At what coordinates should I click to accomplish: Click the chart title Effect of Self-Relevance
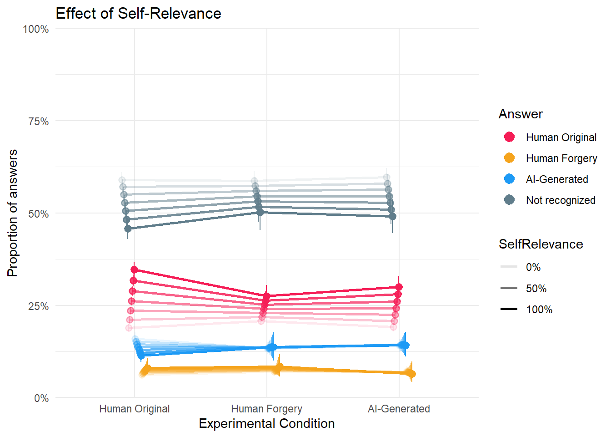point(138,14)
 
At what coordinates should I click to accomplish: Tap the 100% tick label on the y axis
point(35,29)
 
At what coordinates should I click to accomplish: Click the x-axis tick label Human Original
point(134,409)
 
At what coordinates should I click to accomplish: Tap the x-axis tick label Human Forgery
point(266,409)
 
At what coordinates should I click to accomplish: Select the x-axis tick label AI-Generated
point(399,409)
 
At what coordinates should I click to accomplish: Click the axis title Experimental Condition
point(266,424)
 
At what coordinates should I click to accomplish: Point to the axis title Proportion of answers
point(12,213)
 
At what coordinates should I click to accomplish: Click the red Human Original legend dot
point(509,137)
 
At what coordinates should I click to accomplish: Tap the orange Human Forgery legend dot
point(509,158)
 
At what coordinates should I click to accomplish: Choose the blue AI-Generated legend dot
point(509,179)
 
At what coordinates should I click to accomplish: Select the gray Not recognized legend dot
point(509,200)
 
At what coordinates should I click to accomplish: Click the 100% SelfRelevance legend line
point(509,309)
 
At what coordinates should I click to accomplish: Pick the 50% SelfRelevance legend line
point(509,288)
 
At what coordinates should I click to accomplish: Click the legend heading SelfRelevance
point(541,244)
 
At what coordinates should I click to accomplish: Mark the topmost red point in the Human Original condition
point(134,270)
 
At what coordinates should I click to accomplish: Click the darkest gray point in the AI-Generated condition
point(392,217)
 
